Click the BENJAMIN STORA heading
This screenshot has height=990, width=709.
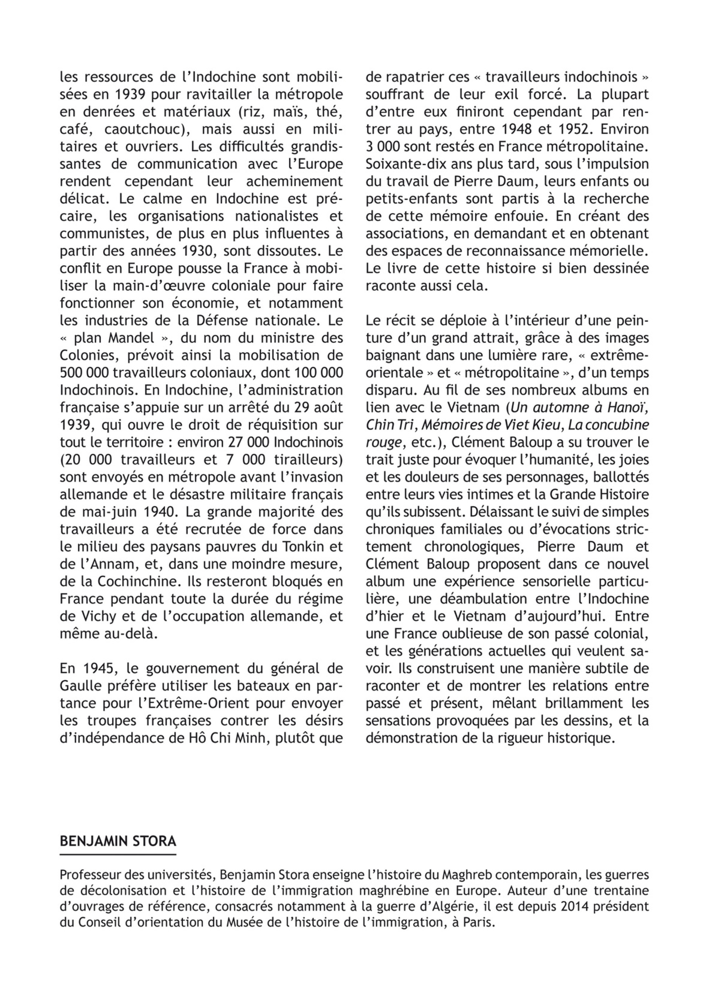[118, 841]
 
